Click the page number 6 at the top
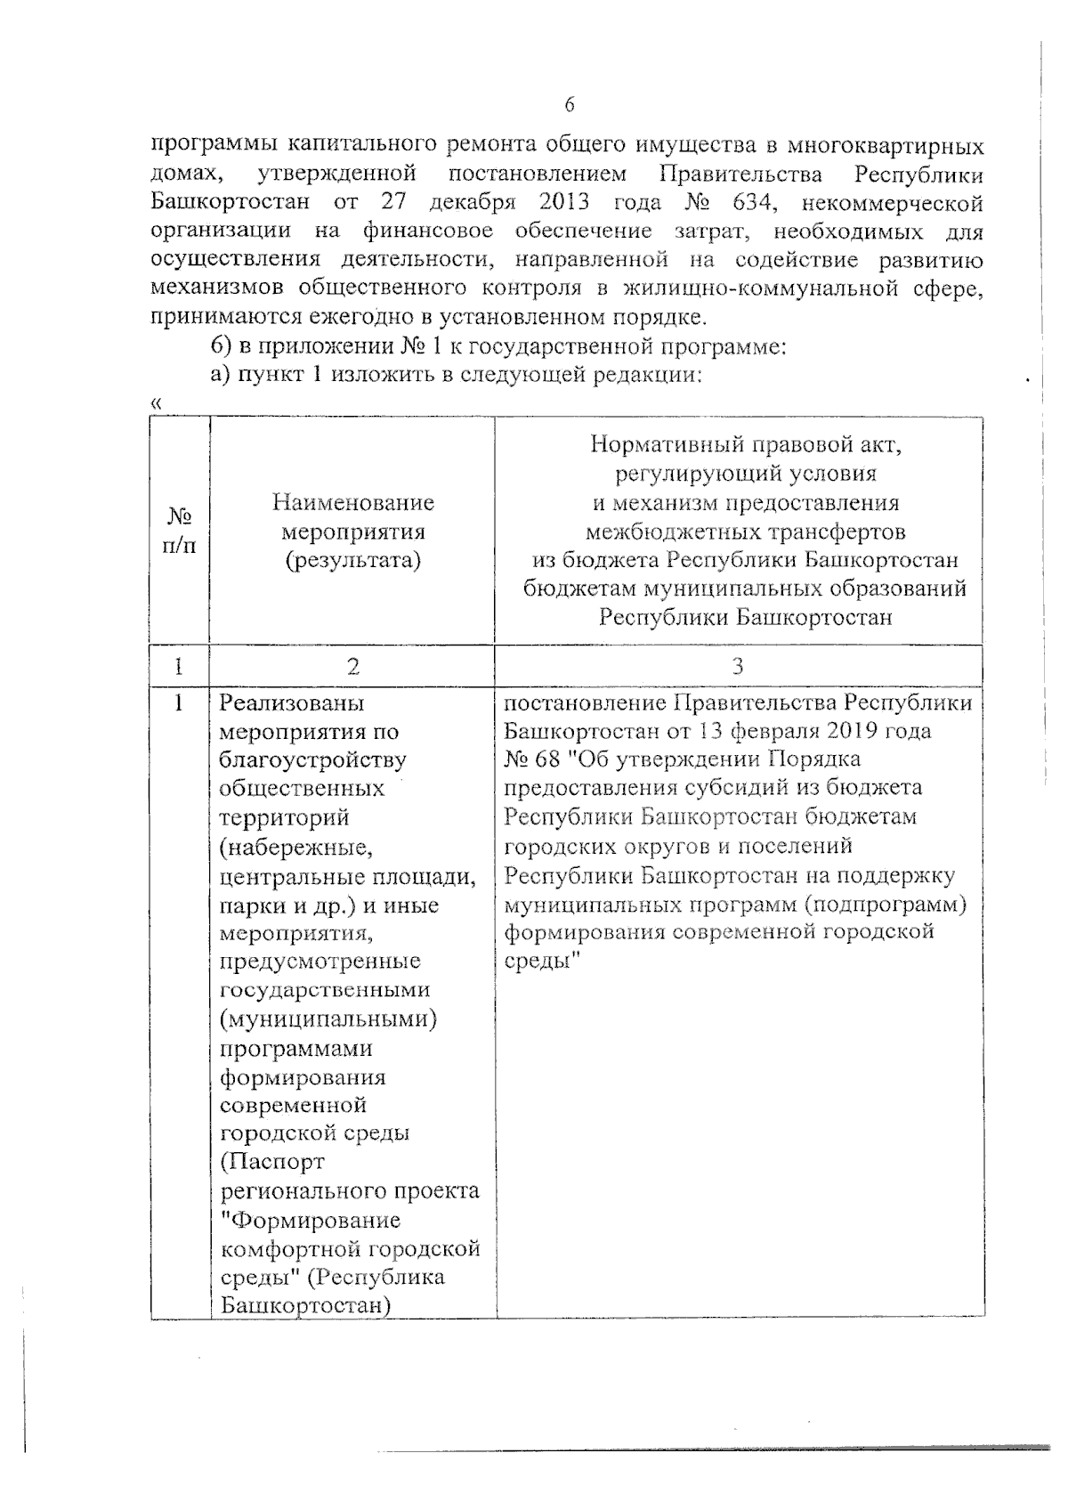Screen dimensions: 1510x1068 570,105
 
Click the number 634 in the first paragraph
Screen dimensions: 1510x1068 742,202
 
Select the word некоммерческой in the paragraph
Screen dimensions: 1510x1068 892,203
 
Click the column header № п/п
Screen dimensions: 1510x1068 180,532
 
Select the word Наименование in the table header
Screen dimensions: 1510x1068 353,503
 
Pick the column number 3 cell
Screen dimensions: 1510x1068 738,666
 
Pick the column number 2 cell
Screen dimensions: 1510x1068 353,666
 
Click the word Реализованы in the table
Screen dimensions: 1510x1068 293,703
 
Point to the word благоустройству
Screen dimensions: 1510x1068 312,760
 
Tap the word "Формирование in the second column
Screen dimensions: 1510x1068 310,1220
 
